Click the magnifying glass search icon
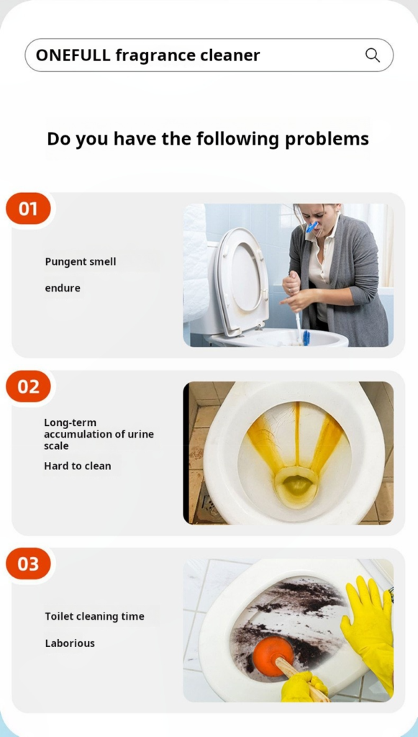(373, 55)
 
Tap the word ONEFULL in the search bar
(73, 55)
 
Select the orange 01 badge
(28, 208)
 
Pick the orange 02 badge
(28, 386)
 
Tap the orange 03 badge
(28, 564)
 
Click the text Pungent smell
(81, 262)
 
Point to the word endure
(63, 288)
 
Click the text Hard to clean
(78, 466)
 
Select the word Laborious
(70, 643)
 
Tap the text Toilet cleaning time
(94, 617)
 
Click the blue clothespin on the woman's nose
(312, 227)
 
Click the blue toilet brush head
(306, 338)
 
